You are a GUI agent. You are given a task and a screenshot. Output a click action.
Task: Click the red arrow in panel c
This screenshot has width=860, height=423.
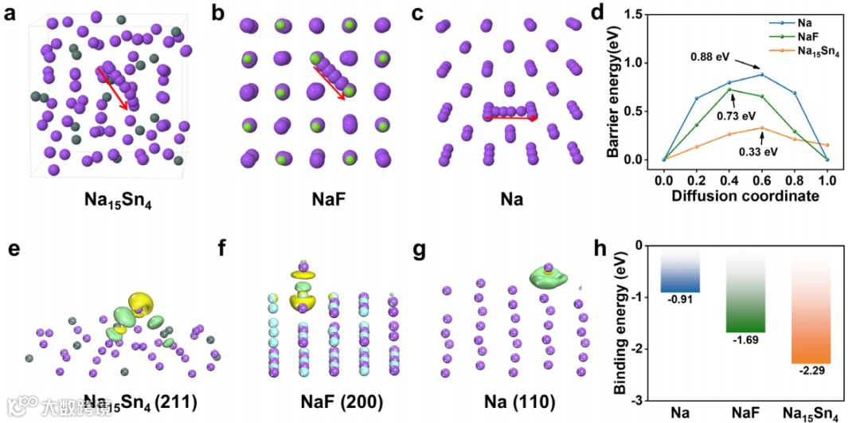(510, 118)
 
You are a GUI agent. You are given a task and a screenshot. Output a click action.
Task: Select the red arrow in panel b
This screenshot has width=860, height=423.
(329, 83)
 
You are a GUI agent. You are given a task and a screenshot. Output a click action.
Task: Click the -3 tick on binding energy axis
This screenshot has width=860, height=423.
(647, 400)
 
